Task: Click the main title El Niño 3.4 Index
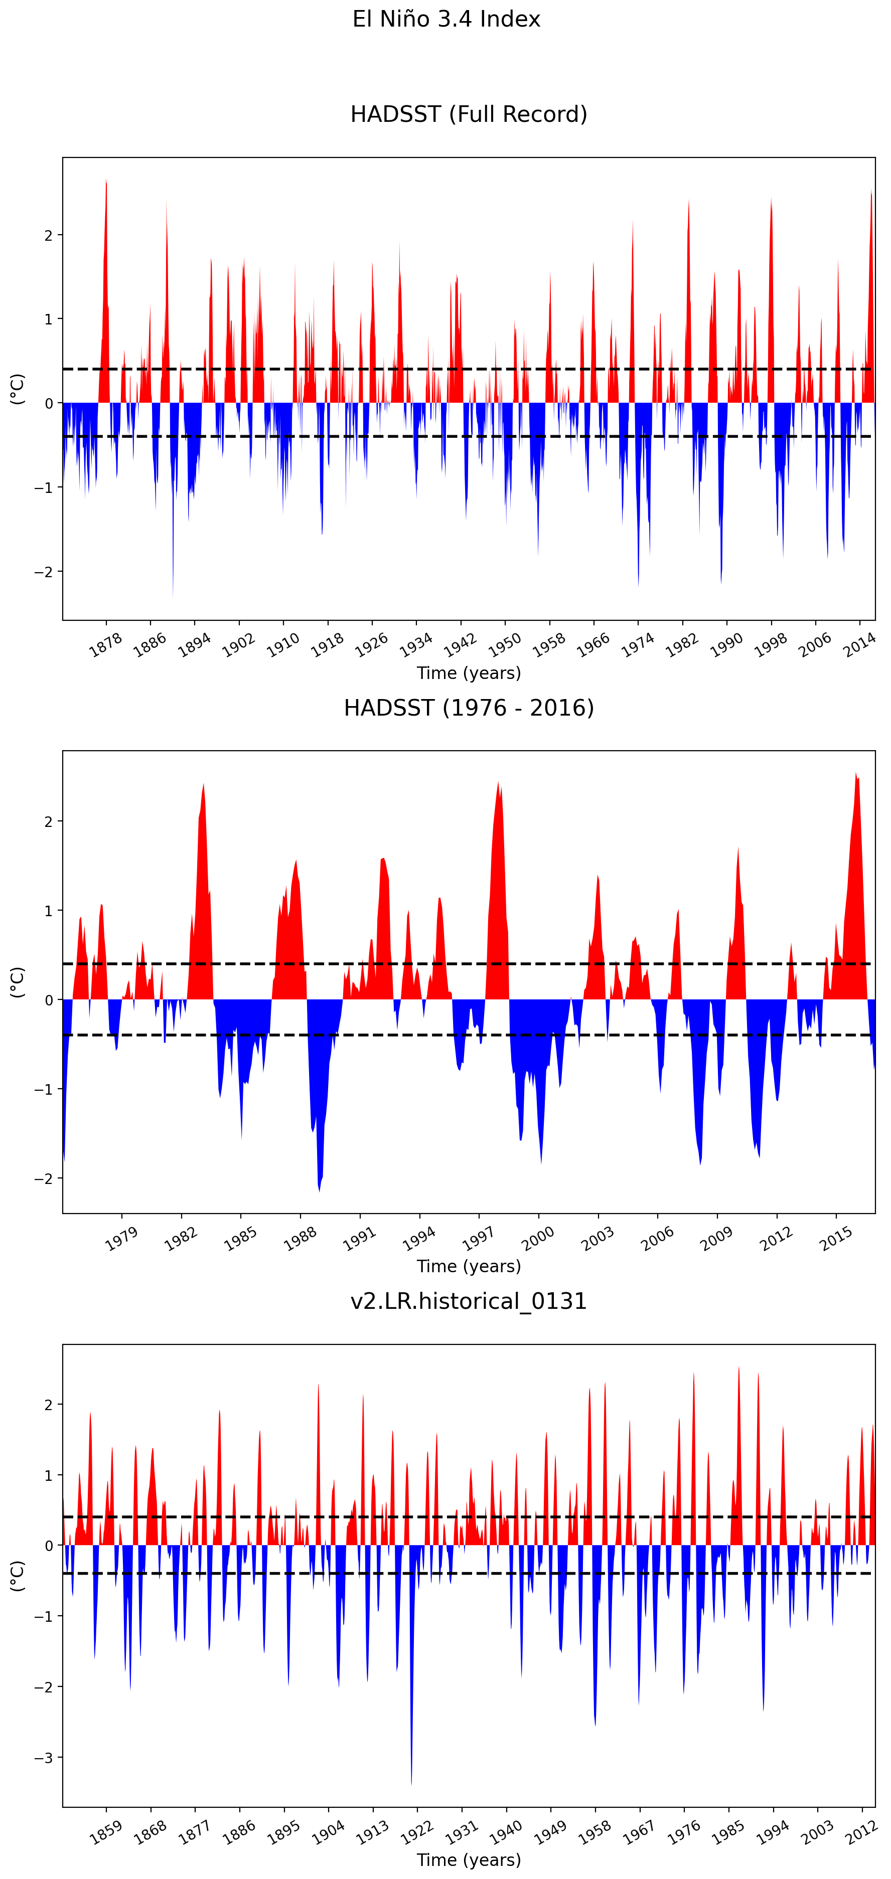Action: [446, 19]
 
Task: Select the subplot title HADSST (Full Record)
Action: [469, 114]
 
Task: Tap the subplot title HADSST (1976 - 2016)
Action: [469, 708]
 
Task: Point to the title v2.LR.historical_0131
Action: [469, 1301]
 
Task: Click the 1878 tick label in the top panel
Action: [105, 645]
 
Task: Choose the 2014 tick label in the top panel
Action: [859, 645]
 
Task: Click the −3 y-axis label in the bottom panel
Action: [44, 1758]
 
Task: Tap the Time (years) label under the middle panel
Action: [469, 1266]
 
